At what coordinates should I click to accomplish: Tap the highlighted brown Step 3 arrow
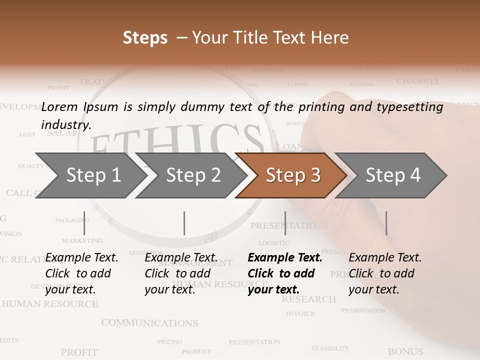point(292,175)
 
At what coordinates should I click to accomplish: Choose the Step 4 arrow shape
point(392,175)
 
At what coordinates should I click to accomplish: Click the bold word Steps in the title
point(145,38)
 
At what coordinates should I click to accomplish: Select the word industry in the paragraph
point(65,125)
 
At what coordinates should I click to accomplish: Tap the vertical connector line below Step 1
point(84,223)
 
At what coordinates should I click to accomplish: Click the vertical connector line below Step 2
point(184,223)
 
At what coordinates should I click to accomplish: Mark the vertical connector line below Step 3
point(285,223)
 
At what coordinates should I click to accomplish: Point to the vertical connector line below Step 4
point(386,223)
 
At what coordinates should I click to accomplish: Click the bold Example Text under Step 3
point(285,258)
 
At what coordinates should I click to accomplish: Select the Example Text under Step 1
point(81,258)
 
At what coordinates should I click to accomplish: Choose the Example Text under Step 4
point(385,258)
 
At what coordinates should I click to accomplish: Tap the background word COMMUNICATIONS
point(149,323)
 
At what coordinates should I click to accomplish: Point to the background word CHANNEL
point(418,81)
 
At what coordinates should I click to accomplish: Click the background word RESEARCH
point(308,299)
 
